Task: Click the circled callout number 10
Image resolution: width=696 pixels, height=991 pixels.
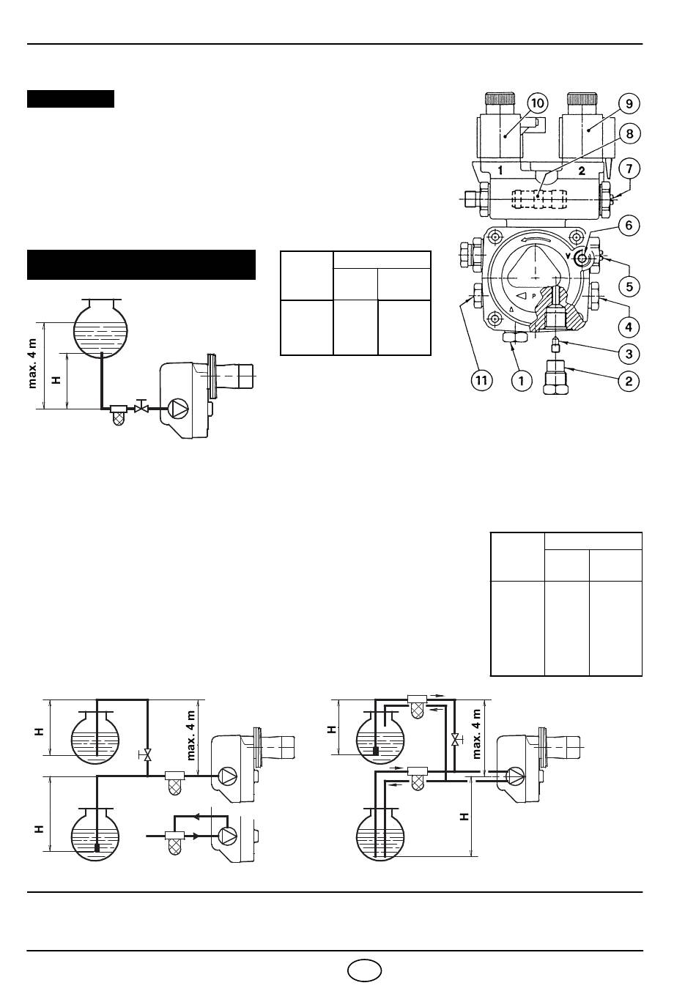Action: point(537,103)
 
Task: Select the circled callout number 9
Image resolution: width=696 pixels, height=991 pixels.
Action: point(629,103)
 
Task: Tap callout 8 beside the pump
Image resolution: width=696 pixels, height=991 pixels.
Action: point(629,133)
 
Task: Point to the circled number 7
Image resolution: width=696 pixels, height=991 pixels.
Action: point(629,168)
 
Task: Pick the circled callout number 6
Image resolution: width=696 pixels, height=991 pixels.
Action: point(629,226)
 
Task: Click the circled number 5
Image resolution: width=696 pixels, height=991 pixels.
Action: point(629,286)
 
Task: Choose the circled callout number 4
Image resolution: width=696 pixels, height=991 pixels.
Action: point(629,327)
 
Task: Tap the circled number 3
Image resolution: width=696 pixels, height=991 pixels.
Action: point(629,354)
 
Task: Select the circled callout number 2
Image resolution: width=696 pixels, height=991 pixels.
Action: point(629,381)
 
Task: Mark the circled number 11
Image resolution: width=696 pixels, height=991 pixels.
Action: point(481,380)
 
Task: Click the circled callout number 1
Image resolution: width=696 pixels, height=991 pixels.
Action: point(521,380)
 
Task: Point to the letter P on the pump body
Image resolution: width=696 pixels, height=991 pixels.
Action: point(534,296)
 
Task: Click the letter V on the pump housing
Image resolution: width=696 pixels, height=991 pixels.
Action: point(574,256)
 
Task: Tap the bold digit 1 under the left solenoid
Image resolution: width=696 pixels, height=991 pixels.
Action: point(500,171)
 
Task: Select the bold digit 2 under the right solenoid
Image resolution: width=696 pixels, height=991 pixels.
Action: point(582,171)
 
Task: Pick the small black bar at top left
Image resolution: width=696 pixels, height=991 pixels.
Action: point(71,99)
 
